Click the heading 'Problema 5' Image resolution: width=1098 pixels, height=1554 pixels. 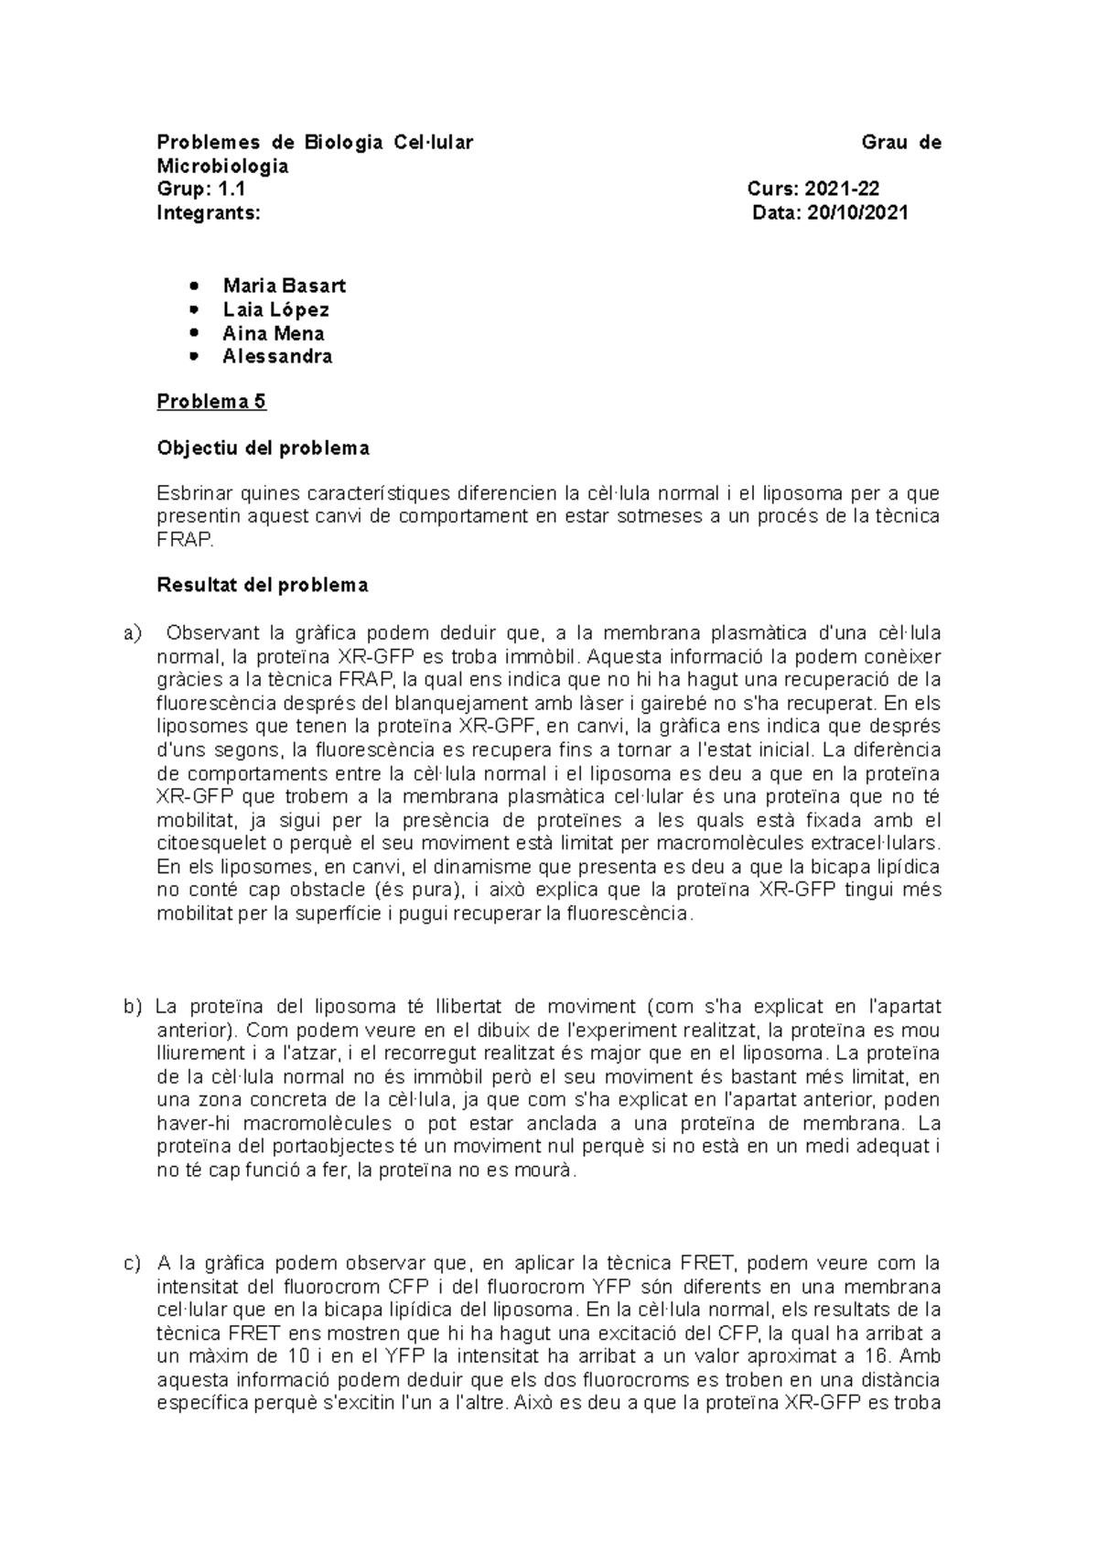click(211, 402)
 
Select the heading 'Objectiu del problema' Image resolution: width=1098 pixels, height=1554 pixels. click(263, 448)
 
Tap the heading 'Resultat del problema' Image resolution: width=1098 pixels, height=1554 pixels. click(263, 585)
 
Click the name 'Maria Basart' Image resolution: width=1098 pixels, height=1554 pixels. click(284, 286)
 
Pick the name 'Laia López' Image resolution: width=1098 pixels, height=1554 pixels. click(275, 309)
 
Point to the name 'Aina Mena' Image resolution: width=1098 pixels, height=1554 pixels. click(273, 333)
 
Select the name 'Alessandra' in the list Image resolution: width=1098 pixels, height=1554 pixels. click(277, 357)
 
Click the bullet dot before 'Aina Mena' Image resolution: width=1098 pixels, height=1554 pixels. click(191, 334)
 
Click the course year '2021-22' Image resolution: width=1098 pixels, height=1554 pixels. click(842, 189)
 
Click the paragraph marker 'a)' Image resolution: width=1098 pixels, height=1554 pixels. click(134, 633)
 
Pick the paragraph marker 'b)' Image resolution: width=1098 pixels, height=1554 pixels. click(134, 1008)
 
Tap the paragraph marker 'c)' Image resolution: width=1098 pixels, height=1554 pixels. click(134, 1264)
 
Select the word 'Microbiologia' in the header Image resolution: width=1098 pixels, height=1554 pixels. click(222, 166)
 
